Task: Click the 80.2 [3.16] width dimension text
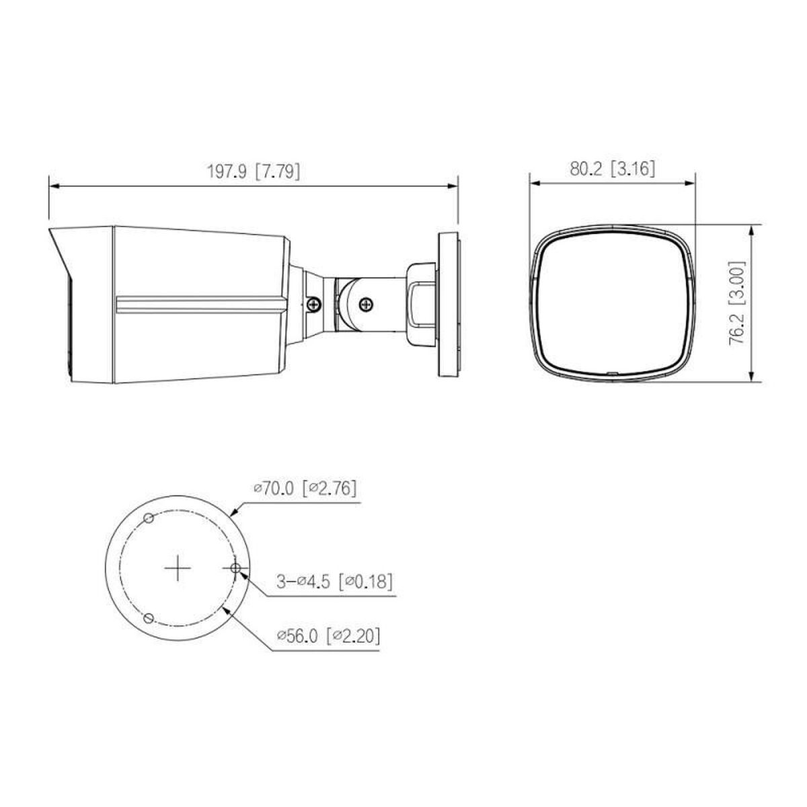612,169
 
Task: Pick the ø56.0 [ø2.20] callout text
328,636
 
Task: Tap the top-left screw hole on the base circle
149,518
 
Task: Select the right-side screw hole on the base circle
235,569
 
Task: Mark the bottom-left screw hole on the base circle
149,618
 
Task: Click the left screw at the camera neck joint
314,304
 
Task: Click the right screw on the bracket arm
367,303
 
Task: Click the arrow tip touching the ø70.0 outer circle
232,515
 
